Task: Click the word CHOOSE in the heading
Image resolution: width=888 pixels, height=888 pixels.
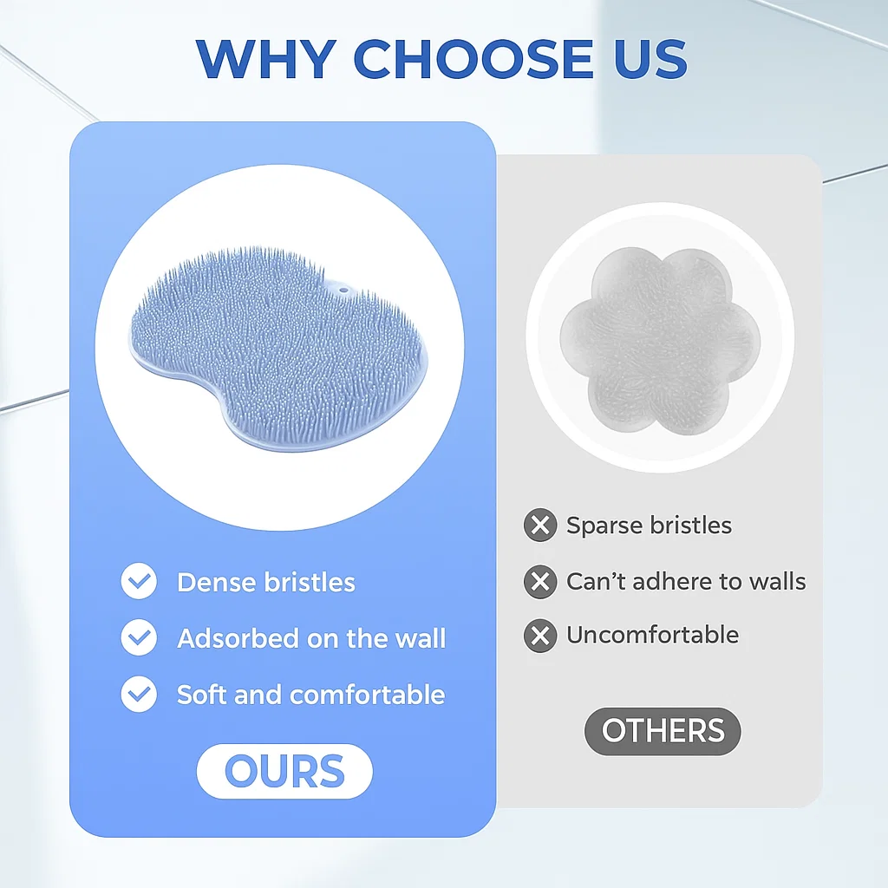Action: [x=473, y=59]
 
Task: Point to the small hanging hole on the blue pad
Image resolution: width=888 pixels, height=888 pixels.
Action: [x=343, y=290]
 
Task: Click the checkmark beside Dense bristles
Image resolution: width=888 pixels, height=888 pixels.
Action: [x=139, y=581]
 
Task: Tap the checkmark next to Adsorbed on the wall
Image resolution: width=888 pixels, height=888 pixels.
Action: [x=139, y=637]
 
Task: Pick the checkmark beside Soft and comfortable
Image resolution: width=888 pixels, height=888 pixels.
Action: [x=139, y=694]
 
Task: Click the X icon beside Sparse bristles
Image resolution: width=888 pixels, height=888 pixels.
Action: [x=540, y=525]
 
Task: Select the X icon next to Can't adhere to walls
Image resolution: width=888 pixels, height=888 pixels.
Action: [x=540, y=582]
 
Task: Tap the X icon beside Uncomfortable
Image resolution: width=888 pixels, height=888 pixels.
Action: [x=540, y=636]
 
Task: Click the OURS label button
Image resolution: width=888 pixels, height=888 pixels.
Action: [x=284, y=771]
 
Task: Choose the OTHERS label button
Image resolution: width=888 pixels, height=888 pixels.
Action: [x=663, y=730]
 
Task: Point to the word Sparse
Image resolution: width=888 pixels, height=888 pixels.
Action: [x=604, y=526]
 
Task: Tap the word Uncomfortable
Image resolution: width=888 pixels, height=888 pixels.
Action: [x=653, y=635]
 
